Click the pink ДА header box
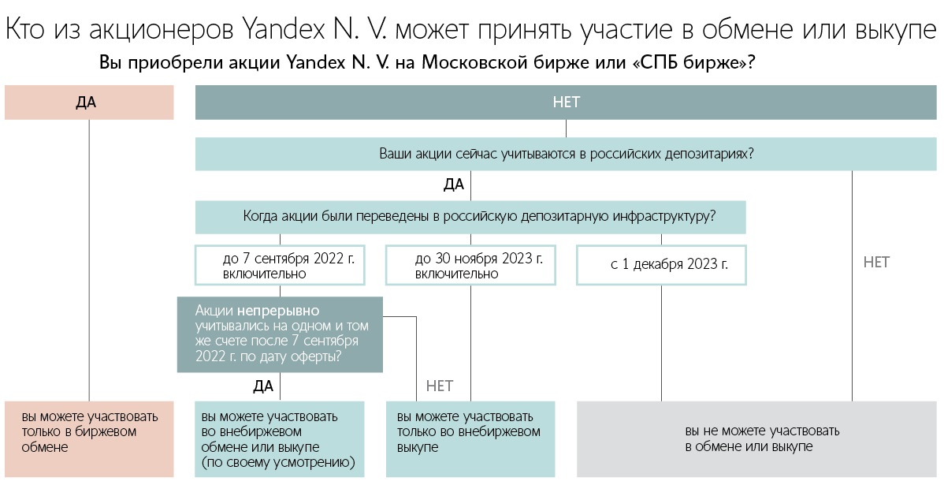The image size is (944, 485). click(x=89, y=103)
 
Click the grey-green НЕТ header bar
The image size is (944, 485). click(x=566, y=103)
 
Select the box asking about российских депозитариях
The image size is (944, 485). click(x=566, y=154)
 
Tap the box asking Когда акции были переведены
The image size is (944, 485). click(x=470, y=217)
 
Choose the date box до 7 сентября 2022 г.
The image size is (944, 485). click(x=280, y=265)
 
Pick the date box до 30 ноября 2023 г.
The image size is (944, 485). click(x=470, y=265)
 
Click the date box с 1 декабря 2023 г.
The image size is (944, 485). click(x=661, y=265)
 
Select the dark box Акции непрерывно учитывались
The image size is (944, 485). click(x=280, y=334)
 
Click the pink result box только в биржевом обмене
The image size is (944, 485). click(x=89, y=438)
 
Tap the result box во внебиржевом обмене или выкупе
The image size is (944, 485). click(x=280, y=438)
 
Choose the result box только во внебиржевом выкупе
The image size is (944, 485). click(x=470, y=438)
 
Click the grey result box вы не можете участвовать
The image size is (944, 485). click(x=756, y=438)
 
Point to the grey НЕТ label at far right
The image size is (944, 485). click(x=876, y=262)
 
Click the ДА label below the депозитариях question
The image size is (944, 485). click(x=453, y=185)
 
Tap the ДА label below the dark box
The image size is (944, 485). click(x=263, y=386)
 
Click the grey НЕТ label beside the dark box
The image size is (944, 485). click(x=440, y=386)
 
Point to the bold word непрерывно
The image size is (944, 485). click(x=278, y=312)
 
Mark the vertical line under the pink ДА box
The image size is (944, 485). click(x=89, y=260)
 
